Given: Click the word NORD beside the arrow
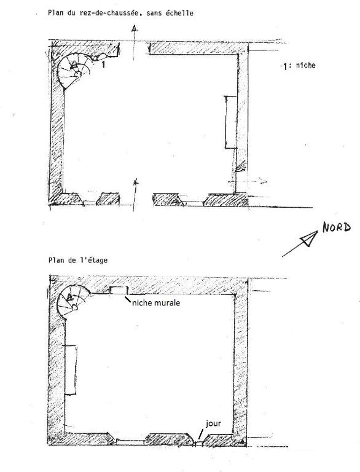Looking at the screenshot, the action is coord(337,227).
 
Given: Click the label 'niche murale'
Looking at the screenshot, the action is coord(156,302).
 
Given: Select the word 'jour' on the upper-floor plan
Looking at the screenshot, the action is coord(213,424).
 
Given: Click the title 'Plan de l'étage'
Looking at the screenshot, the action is coord(77,260).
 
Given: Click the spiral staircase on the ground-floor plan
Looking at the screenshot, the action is coord(74,70).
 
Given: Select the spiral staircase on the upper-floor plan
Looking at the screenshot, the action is coord(73,302).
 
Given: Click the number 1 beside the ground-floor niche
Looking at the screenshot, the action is coord(103,64).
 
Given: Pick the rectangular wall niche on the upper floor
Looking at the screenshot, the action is coord(119,290).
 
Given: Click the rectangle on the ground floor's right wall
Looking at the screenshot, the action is coord(231,122).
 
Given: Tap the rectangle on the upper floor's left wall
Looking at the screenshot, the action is coord(71,369).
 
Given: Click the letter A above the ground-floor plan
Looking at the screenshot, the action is coord(135,28).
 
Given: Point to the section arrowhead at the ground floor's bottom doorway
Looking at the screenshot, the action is coord(136,182).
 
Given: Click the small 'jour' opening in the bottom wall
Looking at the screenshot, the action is coord(198,443).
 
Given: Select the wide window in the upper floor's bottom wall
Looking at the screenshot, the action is coord(130,442).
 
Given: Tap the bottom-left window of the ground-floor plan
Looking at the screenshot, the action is coord(90,202).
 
